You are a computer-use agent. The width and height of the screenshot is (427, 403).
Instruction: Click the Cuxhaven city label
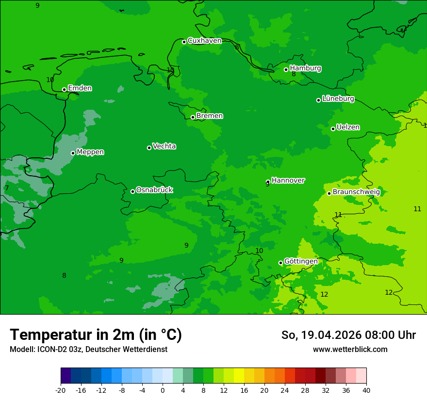click(x=204, y=41)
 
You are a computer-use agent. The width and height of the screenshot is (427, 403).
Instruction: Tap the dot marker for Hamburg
click(x=286, y=69)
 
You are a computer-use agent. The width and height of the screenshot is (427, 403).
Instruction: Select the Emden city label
click(x=80, y=88)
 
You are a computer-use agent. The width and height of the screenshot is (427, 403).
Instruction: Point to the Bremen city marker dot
click(x=193, y=117)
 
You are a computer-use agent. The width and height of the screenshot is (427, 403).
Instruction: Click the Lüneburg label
click(x=338, y=99)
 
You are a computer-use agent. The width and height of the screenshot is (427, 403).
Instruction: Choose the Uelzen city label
click(x=348, y=127)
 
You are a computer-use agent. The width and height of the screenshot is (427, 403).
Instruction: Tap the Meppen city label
click(x=90, y=152)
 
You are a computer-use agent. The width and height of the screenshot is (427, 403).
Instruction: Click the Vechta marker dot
click(x=149, y=148)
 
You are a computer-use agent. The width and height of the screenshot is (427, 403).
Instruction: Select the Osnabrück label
click(x=154, y=190)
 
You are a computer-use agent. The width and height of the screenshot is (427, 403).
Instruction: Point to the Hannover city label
click(x=288, y=181)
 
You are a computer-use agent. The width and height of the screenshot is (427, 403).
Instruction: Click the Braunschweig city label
click(x=356, y=192)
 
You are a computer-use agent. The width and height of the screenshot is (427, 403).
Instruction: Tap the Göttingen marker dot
click(x=280, y=263)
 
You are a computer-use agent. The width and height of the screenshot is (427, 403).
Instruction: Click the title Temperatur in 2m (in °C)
click(x=96, y=335)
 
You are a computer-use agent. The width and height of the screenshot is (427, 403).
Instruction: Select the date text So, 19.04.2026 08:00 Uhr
click(x=348, y=335)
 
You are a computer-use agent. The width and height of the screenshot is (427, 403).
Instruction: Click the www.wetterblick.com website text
click(x=350, y=350)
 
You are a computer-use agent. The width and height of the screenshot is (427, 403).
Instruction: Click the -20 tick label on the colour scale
click(x=61, y=390)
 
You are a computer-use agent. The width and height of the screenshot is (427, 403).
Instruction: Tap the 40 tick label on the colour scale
click(x=366, y=390)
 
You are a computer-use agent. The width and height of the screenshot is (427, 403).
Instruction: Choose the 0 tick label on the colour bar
click(x=163, y=390)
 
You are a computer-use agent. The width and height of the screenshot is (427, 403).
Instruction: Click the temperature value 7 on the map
click(x=7, y=188)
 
